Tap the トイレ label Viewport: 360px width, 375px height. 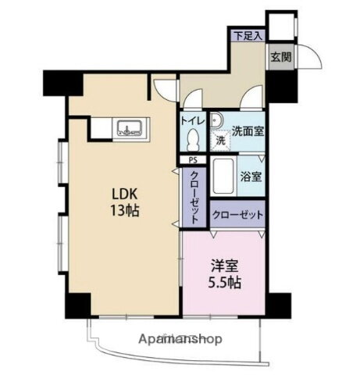coord(192,121)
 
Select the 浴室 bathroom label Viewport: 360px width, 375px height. coord(250,177)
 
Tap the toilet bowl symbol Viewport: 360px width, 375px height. coord(196,140)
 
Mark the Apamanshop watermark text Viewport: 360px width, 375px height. coord(181,339)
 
